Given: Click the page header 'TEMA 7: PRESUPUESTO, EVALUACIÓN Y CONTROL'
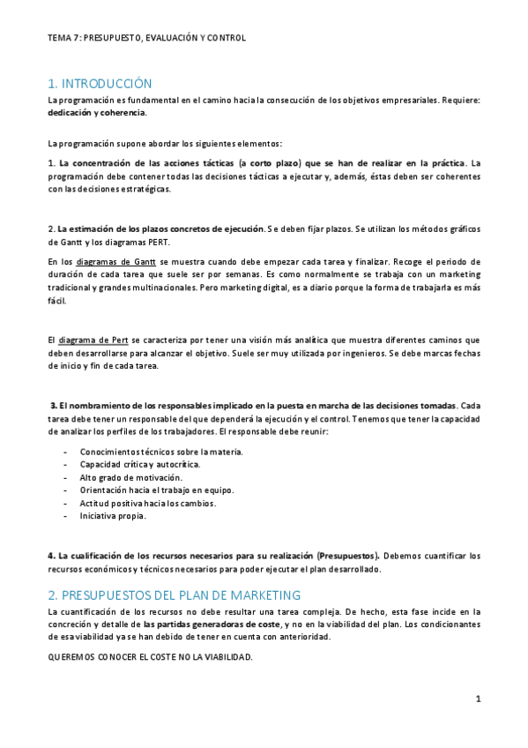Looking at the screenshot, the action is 146,39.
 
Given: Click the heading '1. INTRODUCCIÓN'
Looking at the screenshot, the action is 100,84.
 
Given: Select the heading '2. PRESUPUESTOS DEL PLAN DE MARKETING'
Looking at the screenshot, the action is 175,595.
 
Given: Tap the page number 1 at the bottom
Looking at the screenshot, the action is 478,699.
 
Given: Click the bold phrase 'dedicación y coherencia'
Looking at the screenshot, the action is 97,113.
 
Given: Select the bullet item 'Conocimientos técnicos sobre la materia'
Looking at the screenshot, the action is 161,452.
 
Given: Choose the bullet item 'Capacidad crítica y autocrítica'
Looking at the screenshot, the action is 140,464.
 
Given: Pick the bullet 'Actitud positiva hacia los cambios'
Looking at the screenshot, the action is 148,504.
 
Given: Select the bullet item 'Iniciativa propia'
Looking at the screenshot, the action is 113,517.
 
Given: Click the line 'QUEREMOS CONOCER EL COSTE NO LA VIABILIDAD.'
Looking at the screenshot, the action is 150,657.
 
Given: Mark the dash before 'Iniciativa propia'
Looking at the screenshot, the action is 66,517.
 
